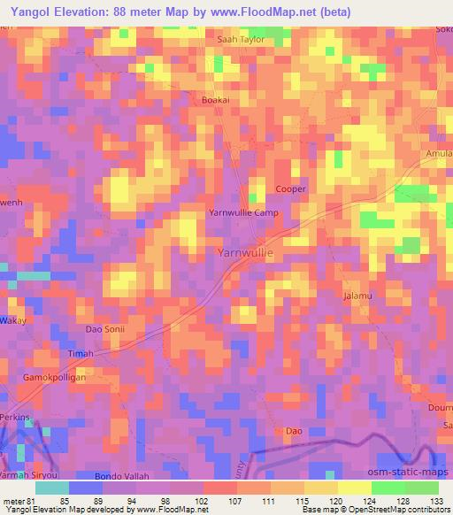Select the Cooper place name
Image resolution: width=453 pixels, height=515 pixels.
[x=291, y=189]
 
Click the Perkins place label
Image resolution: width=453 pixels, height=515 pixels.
[x=15, y=417]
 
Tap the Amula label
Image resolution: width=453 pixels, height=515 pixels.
[x=439, y=154]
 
